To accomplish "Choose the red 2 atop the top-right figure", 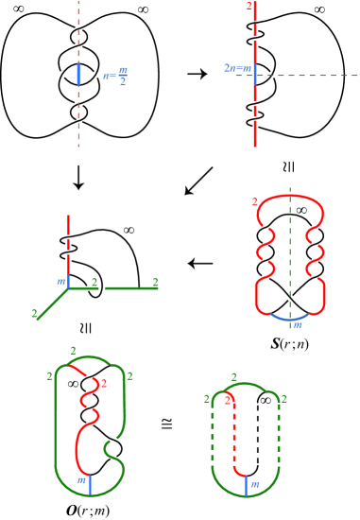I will coord(248,6).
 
